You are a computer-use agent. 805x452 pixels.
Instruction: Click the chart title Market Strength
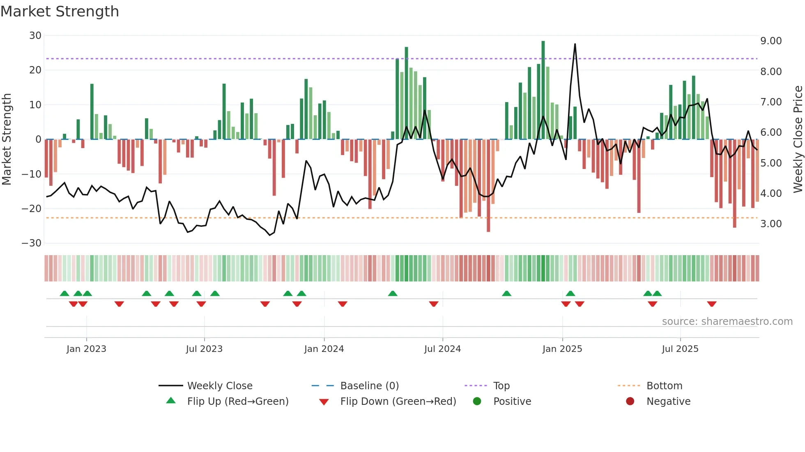point(60,11)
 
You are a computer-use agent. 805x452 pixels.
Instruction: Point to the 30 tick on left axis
point(35,36)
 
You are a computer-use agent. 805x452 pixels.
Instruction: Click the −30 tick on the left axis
point(32,243)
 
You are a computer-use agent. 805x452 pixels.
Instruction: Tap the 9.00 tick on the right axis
point(771,41)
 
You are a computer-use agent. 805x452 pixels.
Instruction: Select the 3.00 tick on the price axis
point(771,224)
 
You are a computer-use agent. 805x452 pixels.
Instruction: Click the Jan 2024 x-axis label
point(324,349)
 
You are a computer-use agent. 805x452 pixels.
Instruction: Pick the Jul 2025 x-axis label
point(680,349)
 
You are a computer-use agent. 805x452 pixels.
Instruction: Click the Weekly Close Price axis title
point(798,139)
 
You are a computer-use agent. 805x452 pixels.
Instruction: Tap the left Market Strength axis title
point(7,139)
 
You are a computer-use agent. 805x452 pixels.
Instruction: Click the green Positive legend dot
point(477,402)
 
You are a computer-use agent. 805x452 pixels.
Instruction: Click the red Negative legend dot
point(630,402)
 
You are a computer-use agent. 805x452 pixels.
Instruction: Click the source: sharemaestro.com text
point(727,322)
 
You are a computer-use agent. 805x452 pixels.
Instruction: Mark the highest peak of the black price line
point(575,44)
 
